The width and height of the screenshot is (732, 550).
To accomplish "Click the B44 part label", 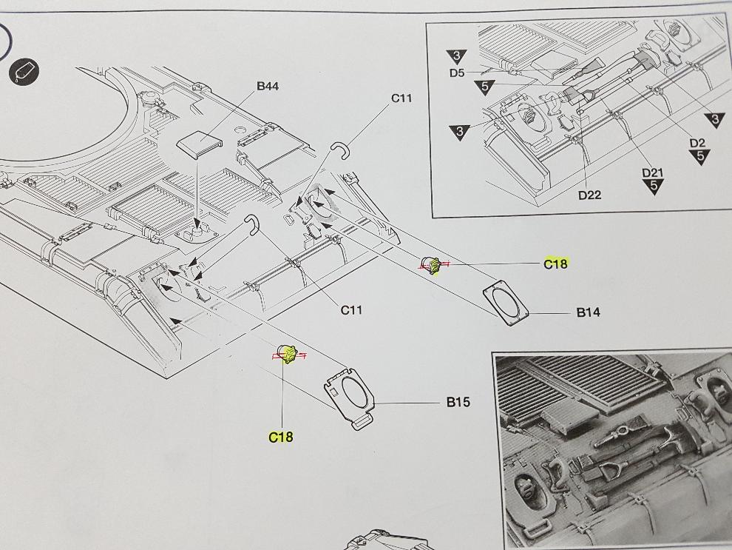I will [268, 87].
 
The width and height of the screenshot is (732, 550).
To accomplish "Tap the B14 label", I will [588, 312].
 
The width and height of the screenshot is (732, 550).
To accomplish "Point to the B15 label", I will [458, 403].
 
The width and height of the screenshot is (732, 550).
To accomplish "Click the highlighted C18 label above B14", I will [555, 264].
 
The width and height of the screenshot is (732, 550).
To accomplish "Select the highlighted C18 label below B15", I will [281, 437].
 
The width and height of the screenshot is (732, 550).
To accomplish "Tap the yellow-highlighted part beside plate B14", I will [432, 264].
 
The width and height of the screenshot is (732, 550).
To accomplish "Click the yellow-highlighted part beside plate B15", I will [287, 355].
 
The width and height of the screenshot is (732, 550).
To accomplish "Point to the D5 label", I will [456, 73].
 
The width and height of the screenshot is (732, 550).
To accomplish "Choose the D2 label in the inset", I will [697, 143].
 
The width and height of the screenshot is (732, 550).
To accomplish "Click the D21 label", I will [652, 173].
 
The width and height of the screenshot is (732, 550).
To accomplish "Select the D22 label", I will [589, 195].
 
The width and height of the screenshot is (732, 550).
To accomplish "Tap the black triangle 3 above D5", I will [456, 56].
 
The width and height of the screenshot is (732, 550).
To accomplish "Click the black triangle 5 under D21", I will [653, 187].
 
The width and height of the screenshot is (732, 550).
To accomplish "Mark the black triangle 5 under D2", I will [699, 157].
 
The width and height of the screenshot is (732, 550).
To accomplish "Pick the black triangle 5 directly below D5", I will [484, 87].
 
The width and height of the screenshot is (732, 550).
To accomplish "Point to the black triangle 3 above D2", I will [715, 119].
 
